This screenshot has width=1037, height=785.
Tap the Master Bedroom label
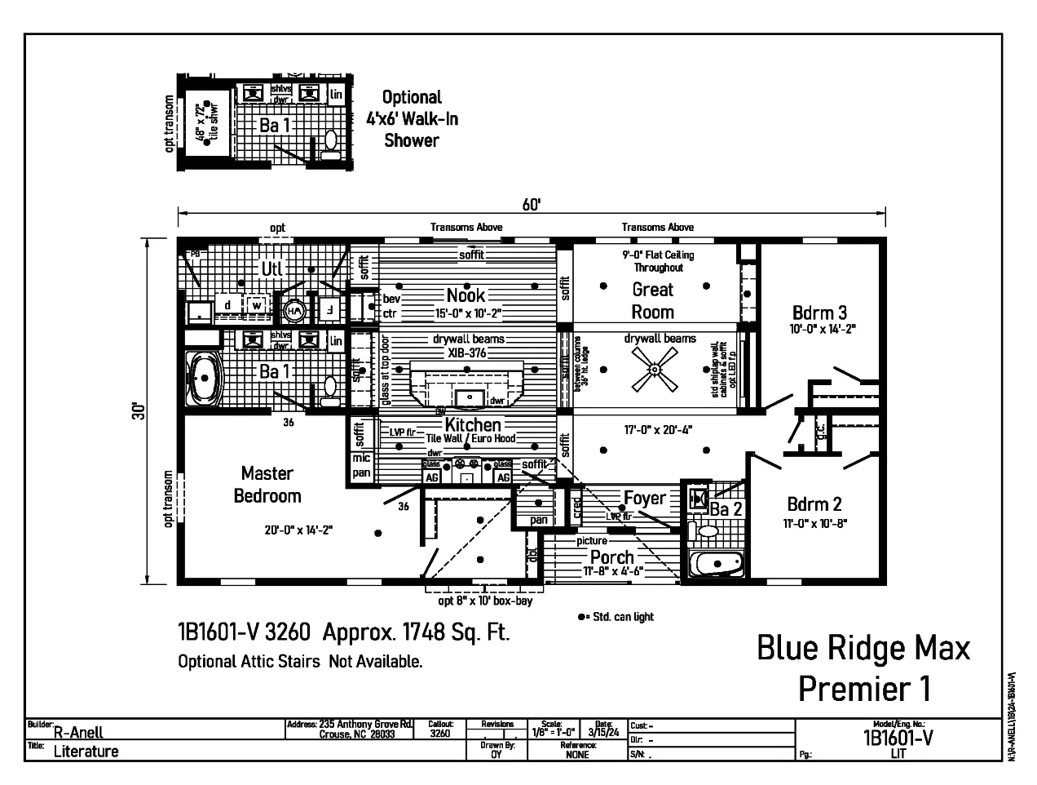click(267, 485)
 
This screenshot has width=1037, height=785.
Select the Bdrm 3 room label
click(819, 313)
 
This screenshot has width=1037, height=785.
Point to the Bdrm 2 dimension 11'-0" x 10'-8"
click(814, 524)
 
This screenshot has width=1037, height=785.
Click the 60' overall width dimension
click(531, 205)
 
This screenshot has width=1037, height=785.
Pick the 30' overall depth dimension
click(140, 411)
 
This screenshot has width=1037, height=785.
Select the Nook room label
click(466, 295)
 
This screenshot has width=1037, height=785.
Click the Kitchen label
click(473, 424)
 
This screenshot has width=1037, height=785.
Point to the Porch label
click(611, 557)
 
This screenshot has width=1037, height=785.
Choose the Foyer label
click(644, 498)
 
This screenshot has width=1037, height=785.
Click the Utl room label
click(271, 268)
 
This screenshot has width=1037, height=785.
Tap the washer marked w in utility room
click(256, 305)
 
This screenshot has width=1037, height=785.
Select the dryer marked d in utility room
click(227, 305)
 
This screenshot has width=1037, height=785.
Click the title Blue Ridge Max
click(863, 648)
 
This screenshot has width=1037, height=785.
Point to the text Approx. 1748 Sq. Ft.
click(416, 632)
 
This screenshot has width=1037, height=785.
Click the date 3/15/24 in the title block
click(603, 732)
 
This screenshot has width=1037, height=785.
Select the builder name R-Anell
click(78, 733)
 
